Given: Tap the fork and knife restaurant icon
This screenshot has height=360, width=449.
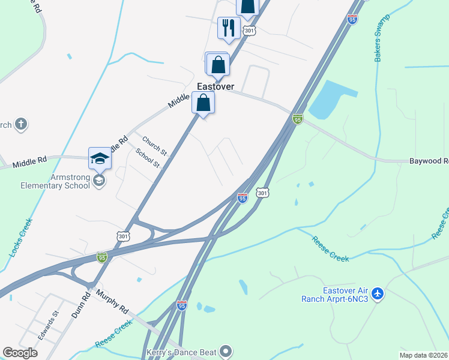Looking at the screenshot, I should coord(229,28).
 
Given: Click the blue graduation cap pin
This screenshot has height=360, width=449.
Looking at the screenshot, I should coord(100,158).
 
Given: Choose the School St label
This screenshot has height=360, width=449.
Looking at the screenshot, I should coord(148,158).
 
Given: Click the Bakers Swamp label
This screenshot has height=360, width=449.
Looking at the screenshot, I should coord(382,37).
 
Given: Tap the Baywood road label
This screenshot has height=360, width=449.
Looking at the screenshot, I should coord(429,161).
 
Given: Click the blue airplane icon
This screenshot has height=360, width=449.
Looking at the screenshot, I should coord(377,294).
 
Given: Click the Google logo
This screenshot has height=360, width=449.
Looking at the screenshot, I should coord(20,353).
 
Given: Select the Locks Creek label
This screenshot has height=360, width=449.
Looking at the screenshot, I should coord(20,238).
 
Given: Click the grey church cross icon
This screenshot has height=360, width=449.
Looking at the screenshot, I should coord(21,124).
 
